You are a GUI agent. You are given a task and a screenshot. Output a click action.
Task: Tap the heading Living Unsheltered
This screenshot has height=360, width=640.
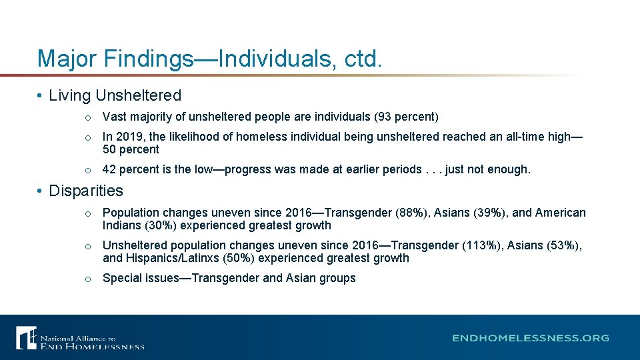coord(115,96)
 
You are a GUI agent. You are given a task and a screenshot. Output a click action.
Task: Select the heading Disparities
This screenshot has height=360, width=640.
coord(86,191)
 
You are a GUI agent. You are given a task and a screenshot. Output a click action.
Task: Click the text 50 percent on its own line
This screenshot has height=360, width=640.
coord(131,149)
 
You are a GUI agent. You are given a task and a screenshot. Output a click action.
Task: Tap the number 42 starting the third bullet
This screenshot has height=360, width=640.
coord(109,169)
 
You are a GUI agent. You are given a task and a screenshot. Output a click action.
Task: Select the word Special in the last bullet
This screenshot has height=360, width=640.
coord(122,278)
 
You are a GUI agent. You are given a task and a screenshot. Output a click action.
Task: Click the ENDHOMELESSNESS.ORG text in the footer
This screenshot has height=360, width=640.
coord(531,338)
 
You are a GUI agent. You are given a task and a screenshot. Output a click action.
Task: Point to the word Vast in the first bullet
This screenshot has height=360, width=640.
coord(114,117)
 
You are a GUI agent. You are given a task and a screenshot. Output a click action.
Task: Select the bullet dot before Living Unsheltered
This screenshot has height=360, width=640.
coord(41,97)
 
